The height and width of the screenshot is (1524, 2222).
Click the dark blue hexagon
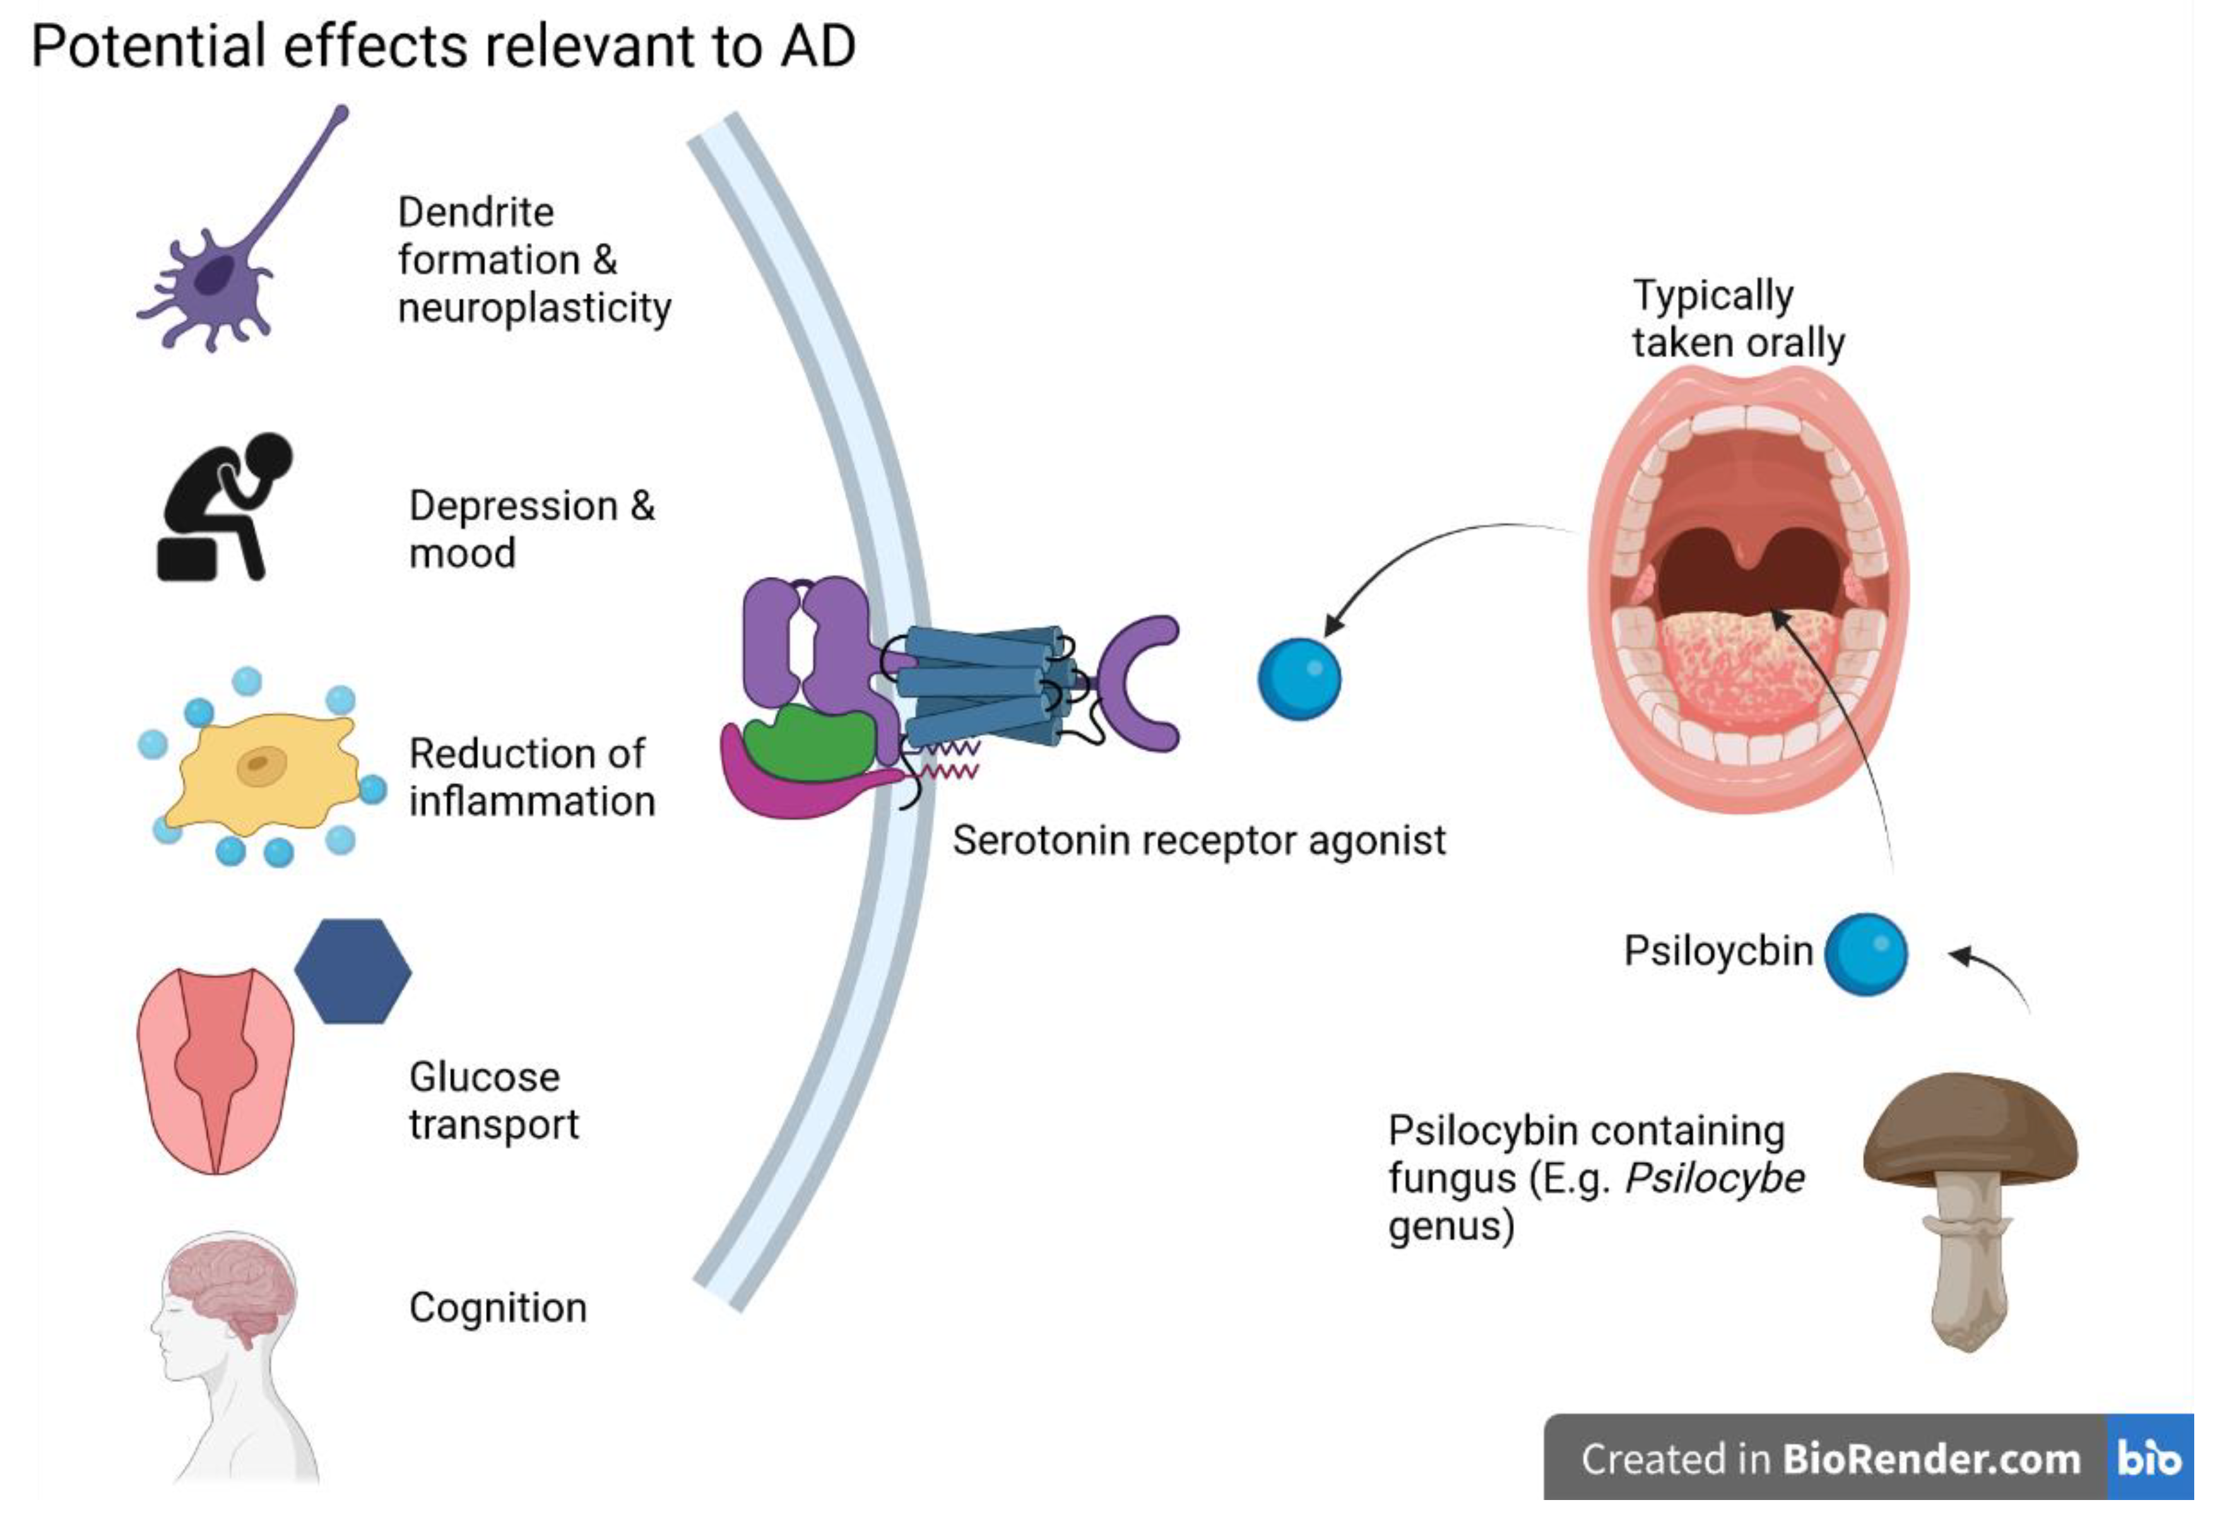click(x=353, y=971)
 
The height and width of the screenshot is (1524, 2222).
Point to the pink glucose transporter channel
click(x=216, y=1071)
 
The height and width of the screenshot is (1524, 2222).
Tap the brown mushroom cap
click(x=1971, y=1128)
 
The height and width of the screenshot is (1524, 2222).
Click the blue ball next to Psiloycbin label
click(x=1866, y=954)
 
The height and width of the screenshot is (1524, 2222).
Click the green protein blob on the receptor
click(x=810, y=744)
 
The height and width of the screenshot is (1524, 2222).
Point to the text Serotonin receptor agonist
click(x=1199, y=841)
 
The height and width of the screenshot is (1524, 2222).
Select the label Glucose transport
click(x=494, y=1101)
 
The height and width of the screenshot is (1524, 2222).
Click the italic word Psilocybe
click(x=1715, y=1179)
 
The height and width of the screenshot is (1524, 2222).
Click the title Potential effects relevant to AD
click(x=444, y=46)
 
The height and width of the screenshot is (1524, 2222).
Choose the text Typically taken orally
click(x=1738, y=319)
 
